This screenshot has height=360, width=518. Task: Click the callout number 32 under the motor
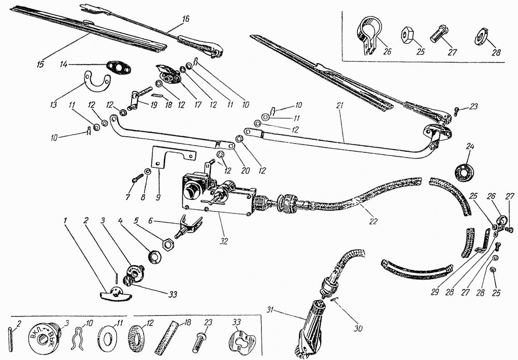tap(224, 241)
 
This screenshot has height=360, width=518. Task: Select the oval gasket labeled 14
tap(118, 69)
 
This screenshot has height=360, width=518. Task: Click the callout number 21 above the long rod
tap(340, 106)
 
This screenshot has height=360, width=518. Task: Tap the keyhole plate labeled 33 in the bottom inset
tap(241, 340)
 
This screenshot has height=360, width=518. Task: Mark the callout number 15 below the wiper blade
tap(40, 64)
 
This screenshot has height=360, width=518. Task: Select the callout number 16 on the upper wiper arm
tap(185, 19)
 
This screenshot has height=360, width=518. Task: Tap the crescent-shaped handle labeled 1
tap(115, 293)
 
